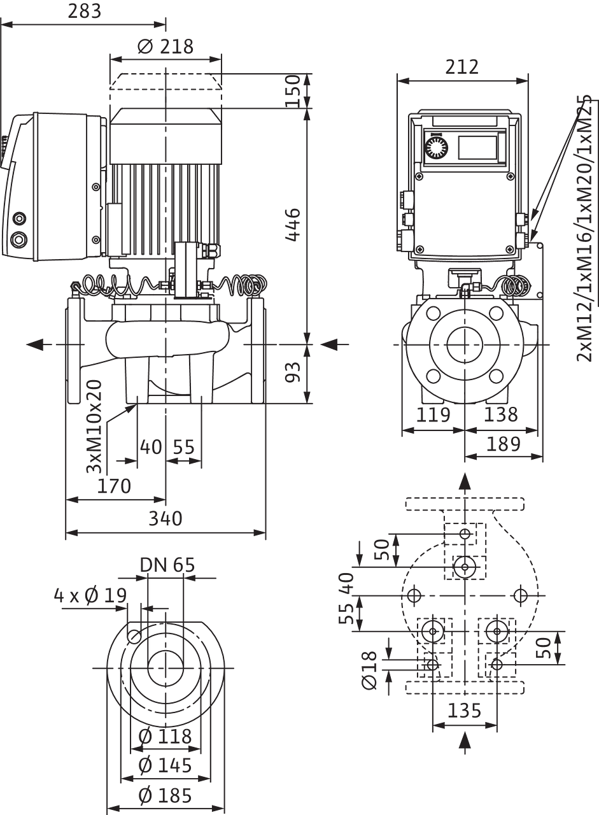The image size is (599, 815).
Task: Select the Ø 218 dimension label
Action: (166, 46)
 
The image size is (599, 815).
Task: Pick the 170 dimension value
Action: (115, 486)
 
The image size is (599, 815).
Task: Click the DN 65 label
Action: (167, 565)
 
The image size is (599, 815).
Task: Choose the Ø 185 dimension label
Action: (166, 795)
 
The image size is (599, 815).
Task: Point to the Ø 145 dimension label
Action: (166, 765)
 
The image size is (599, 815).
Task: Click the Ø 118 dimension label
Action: (166, 737)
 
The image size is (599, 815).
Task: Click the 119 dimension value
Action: (434, 415)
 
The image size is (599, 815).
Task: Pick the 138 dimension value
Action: (500, 415)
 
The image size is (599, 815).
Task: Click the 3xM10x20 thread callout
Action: (94, 425)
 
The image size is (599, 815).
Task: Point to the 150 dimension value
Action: (293, 90)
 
